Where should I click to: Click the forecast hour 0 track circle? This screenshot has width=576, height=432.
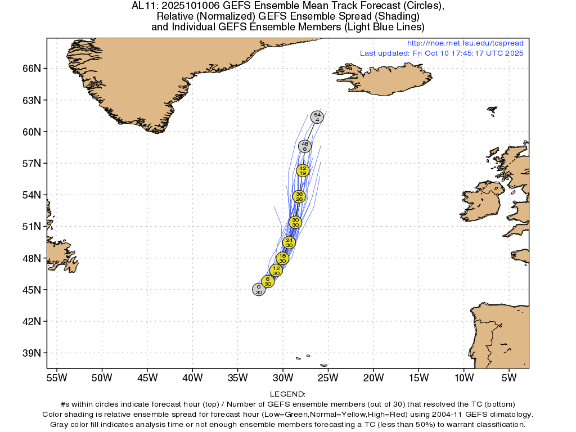(x=259, y=290)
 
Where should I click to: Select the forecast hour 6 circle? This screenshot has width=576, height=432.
(x=268, y=281)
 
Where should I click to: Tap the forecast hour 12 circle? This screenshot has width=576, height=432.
(x=276, y=270)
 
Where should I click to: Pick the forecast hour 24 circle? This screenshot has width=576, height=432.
(x=289, y=242)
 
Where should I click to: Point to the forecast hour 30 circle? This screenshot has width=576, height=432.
(x=295, y=222)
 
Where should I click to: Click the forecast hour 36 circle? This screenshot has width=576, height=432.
(x=299, y=196)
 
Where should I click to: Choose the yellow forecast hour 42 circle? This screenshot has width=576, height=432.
(x=303, y=170)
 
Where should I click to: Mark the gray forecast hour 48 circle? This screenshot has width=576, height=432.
(x=305, y=146)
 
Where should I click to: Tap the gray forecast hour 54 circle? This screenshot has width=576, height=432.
(x=317, y=117)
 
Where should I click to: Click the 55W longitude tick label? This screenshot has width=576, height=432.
(x=56, y=376)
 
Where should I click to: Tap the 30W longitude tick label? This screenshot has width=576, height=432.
(x=283, y=376)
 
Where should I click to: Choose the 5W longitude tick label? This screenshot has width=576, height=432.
(x=508, y=376)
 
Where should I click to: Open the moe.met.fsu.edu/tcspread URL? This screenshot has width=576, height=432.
(x=465, y=43)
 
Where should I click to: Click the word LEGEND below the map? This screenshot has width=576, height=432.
(x=287, y=394)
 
